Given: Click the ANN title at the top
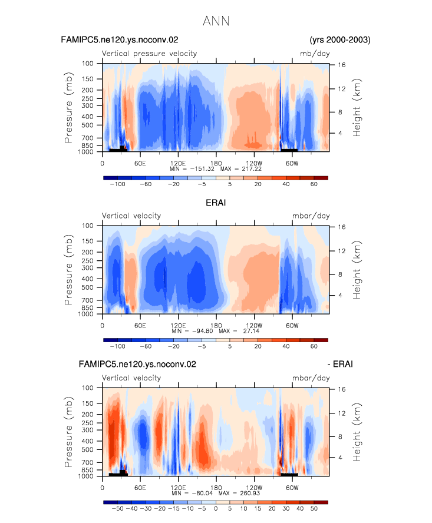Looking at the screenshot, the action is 216,21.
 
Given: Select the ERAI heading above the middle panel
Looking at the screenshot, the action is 216,203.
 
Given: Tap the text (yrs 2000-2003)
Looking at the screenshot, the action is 340,39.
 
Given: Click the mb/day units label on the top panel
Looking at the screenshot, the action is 315,54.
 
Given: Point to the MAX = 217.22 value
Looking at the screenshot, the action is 240,169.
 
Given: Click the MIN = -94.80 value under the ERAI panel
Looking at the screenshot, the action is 192,331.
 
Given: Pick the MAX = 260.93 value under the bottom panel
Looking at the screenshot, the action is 239,493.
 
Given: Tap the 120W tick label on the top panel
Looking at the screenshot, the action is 254,163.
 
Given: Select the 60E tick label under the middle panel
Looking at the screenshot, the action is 140,326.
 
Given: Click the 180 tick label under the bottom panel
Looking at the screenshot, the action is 216,488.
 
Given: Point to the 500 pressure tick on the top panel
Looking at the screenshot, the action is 87,125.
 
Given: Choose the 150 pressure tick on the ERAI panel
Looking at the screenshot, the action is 87,241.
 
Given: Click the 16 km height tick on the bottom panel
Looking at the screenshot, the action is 341,389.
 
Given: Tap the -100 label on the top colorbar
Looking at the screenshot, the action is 117,184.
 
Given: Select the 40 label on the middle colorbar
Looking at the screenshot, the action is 286,346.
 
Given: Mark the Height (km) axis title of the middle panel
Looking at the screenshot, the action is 357,270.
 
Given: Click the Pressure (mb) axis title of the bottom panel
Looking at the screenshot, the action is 68,432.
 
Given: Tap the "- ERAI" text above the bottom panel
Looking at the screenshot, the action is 340,364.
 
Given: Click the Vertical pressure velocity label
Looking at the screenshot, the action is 149,54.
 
